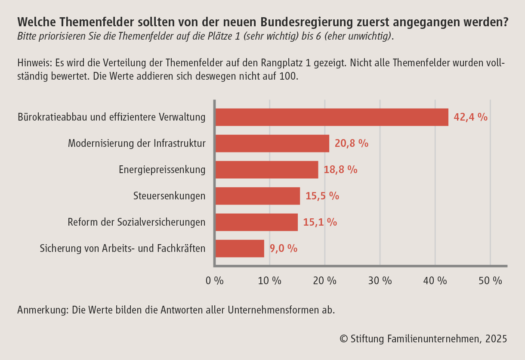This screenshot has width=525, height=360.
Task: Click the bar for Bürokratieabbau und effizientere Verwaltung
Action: [x=331, y=117]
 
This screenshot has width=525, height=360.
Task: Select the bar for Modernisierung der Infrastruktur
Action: [x=272, y=143]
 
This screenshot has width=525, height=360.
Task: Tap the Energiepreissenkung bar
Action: [x=266, y=170]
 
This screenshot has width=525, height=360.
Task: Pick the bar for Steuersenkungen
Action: [x=257, y=196]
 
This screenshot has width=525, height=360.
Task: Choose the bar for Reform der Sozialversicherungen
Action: [x=256, y=222]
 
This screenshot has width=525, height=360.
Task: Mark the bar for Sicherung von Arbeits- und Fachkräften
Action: [x=239, y=248]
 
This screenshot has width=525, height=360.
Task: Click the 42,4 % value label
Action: [x=470, y=117]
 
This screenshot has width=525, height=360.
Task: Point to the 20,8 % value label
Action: [x=351, y=143]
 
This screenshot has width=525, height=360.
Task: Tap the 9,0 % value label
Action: [x=283, y=248]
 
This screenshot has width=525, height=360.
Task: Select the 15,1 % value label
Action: [x=320, y=222]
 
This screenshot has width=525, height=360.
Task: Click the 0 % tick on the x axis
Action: [x=215, y=281]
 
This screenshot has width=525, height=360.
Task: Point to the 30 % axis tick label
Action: [x=380, y=281]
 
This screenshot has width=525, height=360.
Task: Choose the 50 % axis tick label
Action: [x=490, y=281]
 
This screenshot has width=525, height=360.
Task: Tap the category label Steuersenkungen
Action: [x=169, y=196]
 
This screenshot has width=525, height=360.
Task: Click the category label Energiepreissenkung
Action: [x=162, y=170]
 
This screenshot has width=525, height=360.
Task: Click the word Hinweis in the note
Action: [x=33, y=63]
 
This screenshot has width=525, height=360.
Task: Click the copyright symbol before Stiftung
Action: [x=343, y=339]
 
